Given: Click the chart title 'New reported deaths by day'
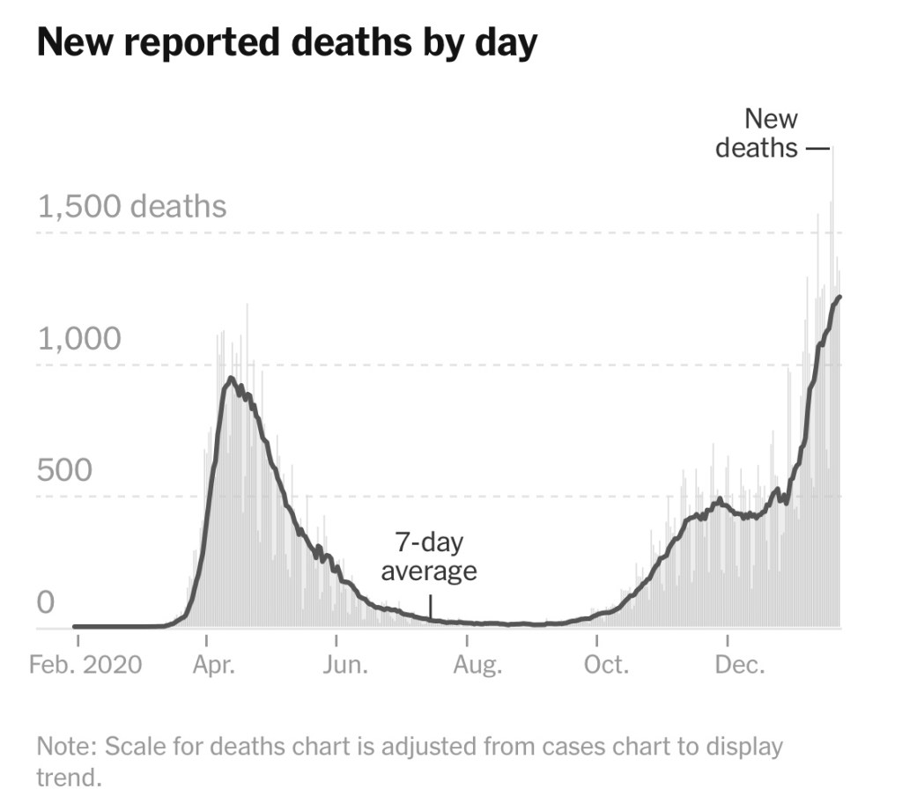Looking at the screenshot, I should [287, 43].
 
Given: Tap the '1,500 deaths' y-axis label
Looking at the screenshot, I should [132, 207].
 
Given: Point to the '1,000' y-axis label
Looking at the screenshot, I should [79, 338].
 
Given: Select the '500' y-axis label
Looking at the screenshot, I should [64, 469].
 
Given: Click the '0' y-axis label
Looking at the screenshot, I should [46, 602].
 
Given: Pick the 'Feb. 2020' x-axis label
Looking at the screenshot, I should [85, 664].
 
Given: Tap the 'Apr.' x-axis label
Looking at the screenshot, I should [214, 664].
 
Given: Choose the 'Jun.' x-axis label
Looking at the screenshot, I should [344, 664].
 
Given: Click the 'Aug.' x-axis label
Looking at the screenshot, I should [478, 664].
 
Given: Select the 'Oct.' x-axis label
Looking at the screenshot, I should [606, 664].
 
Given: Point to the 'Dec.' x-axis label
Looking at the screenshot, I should [739, 664].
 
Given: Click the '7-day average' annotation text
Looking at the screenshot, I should [429, 557].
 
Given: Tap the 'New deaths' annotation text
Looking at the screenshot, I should [758, 133].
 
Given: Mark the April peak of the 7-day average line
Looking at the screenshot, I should [231, 379].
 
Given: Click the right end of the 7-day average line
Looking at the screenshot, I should [839, 297].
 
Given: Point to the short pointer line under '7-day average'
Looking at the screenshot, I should [430, 607].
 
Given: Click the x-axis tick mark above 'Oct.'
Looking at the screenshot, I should [596, 635].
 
